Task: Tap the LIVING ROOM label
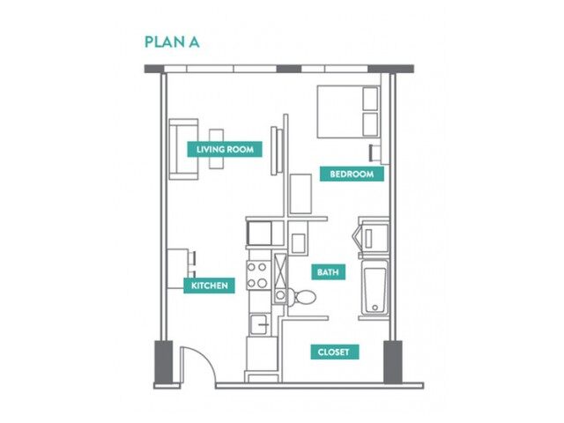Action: (225, 150)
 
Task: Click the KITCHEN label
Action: (210, 286)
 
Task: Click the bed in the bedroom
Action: (347, 111)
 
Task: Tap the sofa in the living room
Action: (182, 149)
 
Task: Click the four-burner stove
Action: (258, 276)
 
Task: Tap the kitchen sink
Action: (259, 324)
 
